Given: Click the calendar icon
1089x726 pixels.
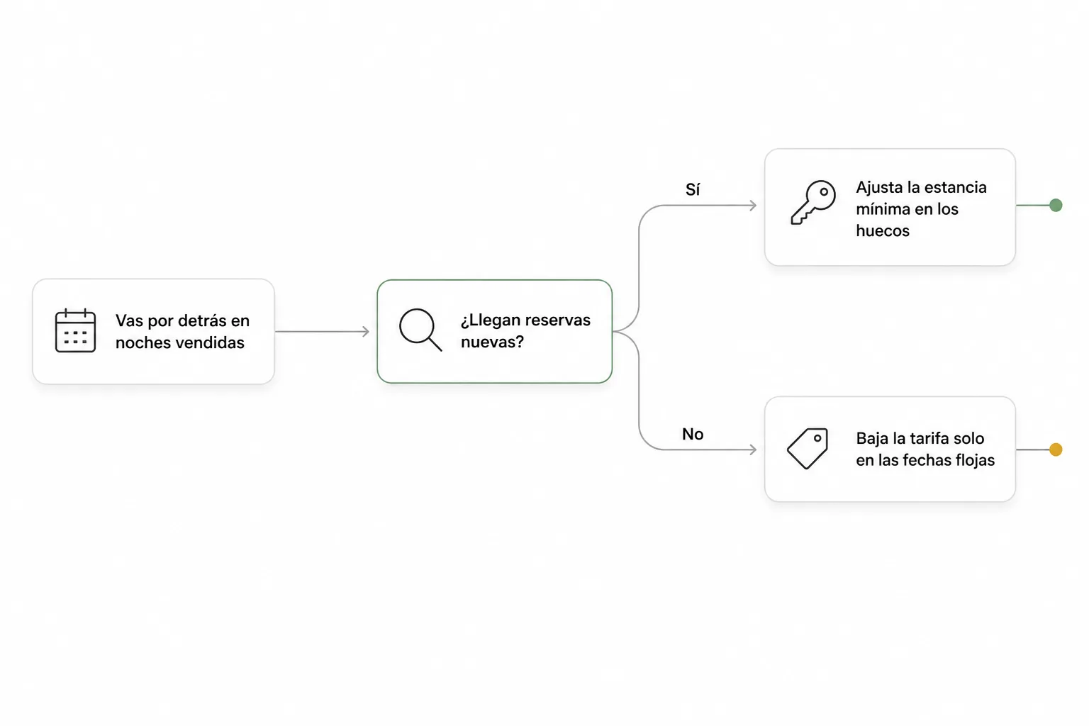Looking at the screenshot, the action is (x=75, y=330).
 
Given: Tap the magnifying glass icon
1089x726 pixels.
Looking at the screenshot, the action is (x=420, y=329).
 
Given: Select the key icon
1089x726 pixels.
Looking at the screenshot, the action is (x=813, y=202).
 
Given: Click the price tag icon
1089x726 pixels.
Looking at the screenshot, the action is (x=808, y=448).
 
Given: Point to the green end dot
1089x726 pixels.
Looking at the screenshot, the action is (x=1056, y=205).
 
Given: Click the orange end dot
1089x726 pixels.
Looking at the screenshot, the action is (x=1056, y=449).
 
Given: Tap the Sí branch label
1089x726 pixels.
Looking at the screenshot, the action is (x=693, y=189).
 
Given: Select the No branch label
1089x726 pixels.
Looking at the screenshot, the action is (x=693, y=434).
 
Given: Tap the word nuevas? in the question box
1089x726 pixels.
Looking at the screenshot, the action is (x=492, y=342).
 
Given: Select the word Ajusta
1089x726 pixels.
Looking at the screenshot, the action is (x=878, y=188).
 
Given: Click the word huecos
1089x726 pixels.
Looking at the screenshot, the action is (x=883, y=230).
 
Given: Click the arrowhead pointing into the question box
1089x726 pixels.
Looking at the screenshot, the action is (x=366, y=332).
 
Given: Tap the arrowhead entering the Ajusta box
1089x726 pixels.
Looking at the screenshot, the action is (x=752, y=205).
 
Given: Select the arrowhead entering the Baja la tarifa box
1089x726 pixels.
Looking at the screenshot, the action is (x=752, y=449).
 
